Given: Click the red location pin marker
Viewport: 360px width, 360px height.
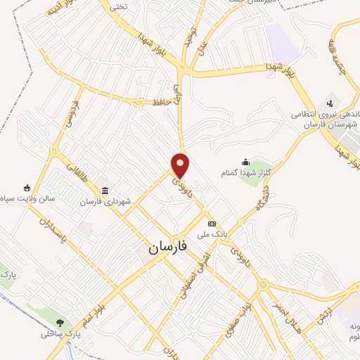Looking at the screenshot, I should pos(181,165).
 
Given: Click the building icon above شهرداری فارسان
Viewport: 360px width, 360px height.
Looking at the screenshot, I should pos(105,191).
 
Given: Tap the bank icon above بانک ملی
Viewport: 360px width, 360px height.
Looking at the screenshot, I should pos(212,223).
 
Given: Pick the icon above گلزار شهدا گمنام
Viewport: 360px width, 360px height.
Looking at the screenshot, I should pos(245,162).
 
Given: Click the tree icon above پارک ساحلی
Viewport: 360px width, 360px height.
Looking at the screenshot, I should pos(60,323).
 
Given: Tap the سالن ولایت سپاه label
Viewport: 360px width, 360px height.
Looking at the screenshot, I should pos(27,199).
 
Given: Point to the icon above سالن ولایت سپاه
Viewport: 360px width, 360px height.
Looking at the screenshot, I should pos(27,188).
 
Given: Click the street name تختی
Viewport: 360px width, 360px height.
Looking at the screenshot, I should pos(117,6).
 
